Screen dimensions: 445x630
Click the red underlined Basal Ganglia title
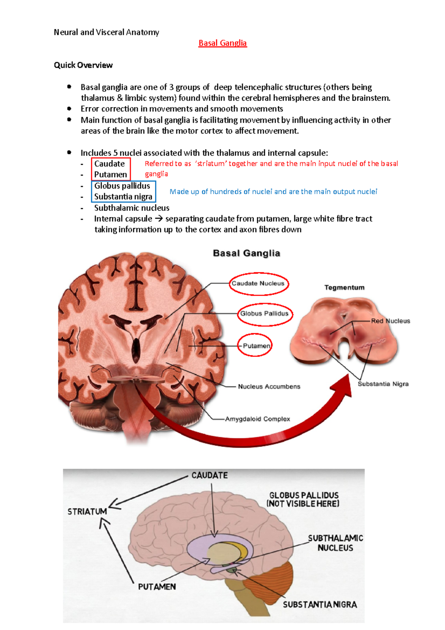tap(222, 43)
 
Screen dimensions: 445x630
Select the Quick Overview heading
tap(83, 65)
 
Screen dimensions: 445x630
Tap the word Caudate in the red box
tap(109, 164)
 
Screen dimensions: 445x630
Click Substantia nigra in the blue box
tap(123, 197)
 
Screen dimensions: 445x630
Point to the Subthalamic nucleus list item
tap(132, 208)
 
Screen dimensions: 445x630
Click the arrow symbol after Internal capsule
tap(159, 219)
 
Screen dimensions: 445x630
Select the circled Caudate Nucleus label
tap(258, 283)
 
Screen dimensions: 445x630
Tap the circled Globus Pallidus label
tap(264, 314)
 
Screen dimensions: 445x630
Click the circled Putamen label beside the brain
tap(256, 346)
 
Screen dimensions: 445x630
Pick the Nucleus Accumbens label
tap(269, 387)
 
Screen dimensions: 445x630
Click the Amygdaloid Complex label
tap(257, 419)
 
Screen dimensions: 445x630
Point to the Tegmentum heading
tap(345, 288)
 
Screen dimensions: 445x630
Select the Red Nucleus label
tap(390, 321)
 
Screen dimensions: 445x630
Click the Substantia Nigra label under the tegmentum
tap(383, 384)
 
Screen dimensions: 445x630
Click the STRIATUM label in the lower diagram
tap(87, 511)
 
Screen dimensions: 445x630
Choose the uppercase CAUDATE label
tap(210, 475)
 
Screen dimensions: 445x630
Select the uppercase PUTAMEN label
tap(157, 587)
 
